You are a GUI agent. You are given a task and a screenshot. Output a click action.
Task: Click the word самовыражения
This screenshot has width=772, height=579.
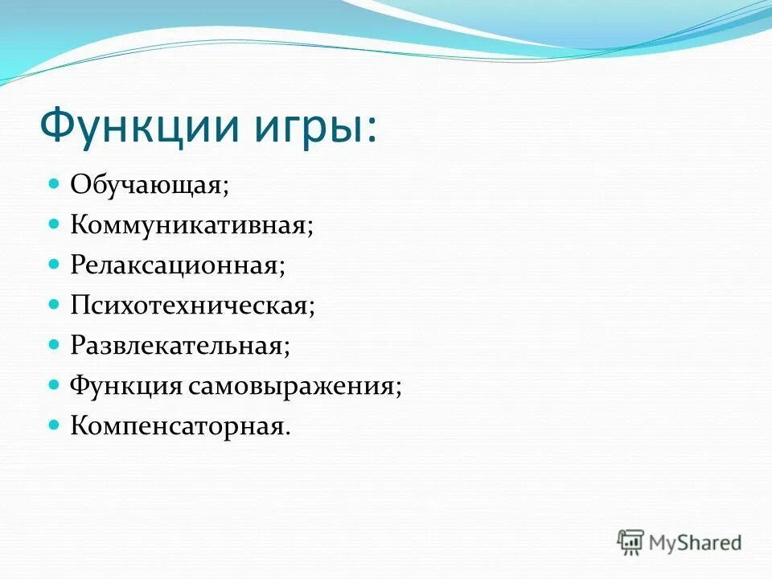point(294,386)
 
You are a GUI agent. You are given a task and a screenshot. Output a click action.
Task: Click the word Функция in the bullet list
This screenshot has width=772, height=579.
point(126,386)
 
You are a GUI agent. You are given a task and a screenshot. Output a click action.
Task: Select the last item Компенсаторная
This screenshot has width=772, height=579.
point(179,425)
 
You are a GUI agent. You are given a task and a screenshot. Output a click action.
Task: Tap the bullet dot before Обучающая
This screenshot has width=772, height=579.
point(55,184)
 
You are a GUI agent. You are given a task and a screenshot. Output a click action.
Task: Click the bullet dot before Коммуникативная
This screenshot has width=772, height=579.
point(55,224)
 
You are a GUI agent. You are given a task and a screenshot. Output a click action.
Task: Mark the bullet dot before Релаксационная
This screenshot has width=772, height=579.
point(55,264)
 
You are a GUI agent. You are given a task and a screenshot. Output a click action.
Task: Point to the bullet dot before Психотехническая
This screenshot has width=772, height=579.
point(55,304)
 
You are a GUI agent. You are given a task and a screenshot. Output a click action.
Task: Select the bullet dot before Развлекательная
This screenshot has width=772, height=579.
point(55,344)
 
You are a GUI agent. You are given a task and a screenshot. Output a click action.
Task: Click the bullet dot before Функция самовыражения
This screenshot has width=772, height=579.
point(55,384)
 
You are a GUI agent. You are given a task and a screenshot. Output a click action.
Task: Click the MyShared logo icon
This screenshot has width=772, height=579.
point(631,542)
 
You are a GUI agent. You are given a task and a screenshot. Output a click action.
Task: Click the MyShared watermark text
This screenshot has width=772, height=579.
point(696,543)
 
